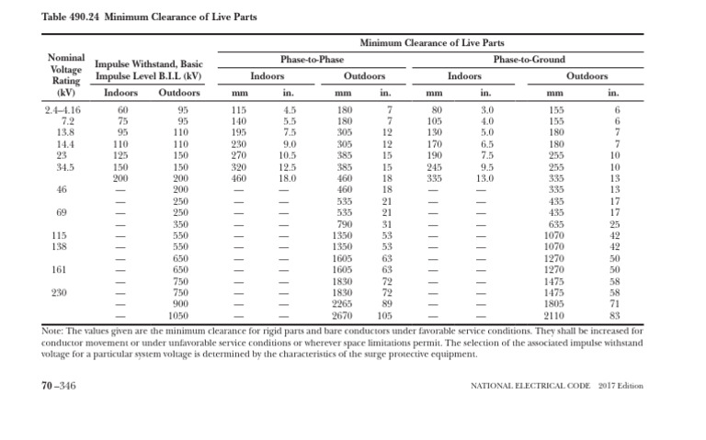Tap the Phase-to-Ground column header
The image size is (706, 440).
(529, 59)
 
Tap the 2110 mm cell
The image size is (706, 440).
(554, 315)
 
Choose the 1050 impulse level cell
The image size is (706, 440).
(179, 315)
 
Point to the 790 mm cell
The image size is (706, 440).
(344, 223)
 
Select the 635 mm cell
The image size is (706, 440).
(554, 223)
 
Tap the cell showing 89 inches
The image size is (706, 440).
(388, 303)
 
